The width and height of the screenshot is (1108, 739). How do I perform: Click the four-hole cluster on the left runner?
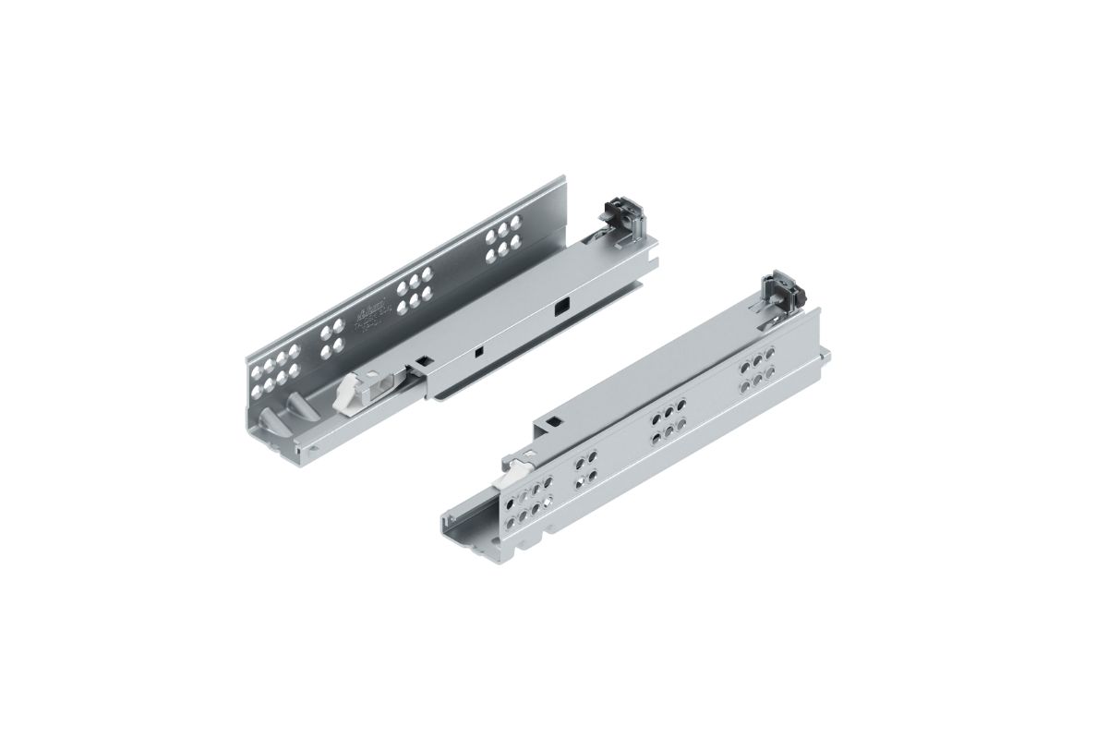331,337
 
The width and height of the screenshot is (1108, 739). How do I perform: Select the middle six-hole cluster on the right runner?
668,418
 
